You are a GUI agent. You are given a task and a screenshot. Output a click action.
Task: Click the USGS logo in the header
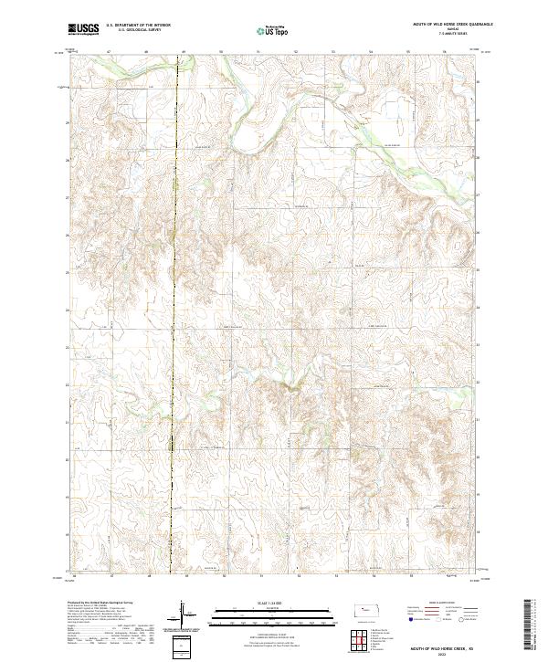(x=83, y=29)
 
